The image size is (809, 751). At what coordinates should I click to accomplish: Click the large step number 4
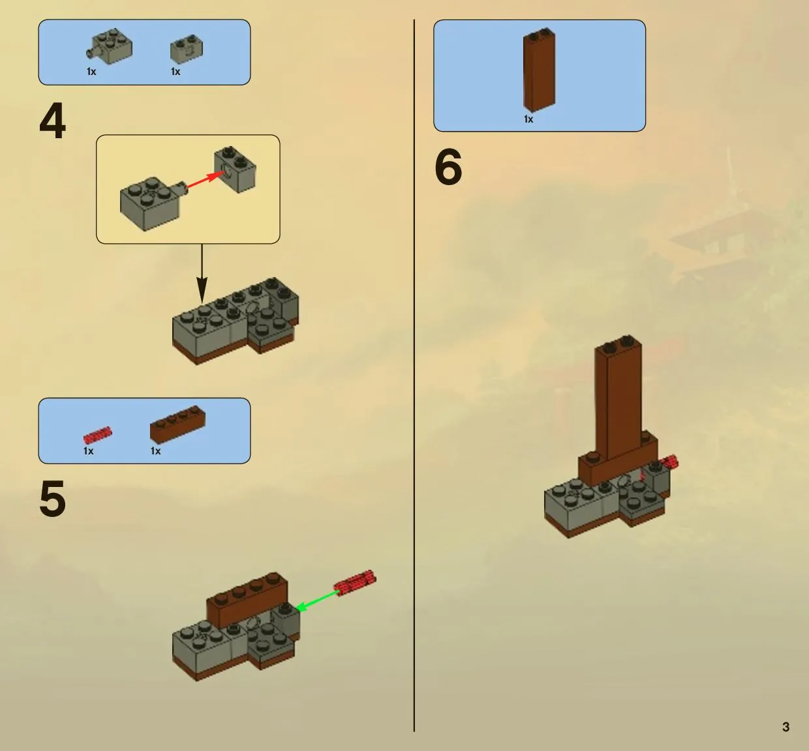tap(53, 121)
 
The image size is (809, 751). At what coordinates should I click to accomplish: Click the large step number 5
tap(53, 499)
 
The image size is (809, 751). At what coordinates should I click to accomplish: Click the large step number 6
tap(448, 166)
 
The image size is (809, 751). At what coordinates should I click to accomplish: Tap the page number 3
tap(786, 727)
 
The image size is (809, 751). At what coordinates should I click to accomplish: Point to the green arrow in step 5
tap(317, 601)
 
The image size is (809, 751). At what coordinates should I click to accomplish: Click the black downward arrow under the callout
tap(202, 274)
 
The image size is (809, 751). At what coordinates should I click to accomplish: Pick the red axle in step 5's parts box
tap(97, 435)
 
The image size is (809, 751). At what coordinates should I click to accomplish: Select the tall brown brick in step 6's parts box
tap(539, 70)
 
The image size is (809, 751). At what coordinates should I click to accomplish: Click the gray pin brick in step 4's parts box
tap(109, 46)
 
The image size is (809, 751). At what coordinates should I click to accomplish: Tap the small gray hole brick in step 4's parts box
tap(186, 49)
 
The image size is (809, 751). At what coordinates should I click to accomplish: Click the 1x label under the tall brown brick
tap(528, 119)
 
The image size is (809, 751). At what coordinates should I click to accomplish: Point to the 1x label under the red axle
tap(88, 451)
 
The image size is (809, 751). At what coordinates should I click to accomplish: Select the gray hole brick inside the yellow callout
tap(235, 169)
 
